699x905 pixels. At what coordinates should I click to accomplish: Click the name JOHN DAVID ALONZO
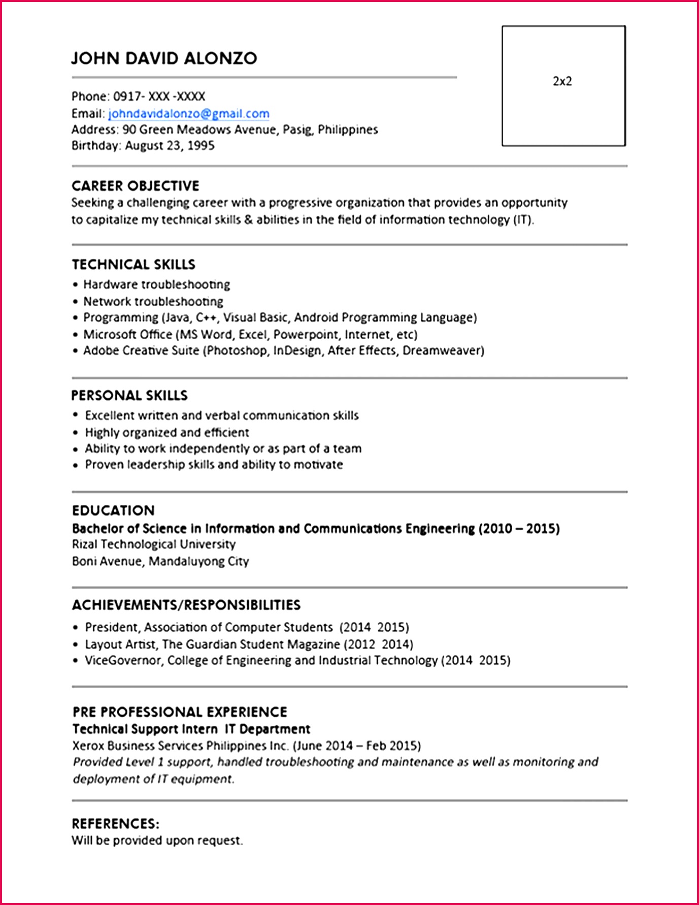(x=164, y=58)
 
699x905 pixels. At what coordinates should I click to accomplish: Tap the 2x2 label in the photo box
(x=562, y=81)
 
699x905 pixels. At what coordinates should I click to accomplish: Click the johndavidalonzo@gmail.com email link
(x=188, y=114)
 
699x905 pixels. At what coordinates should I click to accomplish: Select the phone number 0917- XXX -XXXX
(x=159, y=96)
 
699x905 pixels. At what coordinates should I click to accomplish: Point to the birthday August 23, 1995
(x=170, y=146)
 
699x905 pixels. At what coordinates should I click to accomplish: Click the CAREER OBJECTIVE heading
(x=135, y=186)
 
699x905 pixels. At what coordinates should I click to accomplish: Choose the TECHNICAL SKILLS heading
(x=134, y=265)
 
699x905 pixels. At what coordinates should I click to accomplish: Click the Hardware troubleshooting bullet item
(x=156, y=284)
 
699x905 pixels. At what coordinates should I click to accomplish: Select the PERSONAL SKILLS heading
(x=129, y=396)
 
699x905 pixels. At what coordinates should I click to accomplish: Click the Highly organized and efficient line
(x=167, y=433)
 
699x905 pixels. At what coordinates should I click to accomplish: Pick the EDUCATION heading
(x=113, y=510)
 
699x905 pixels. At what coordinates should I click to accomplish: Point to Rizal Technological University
(x=154, y=544)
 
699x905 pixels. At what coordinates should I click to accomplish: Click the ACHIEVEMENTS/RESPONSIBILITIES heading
(x=186, y=605)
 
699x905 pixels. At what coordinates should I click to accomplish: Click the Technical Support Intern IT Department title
(x=191, y=729)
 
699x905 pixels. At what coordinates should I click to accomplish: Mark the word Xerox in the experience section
(x=88, y=746)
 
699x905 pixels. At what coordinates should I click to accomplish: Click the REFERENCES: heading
(x=115, y=823)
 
